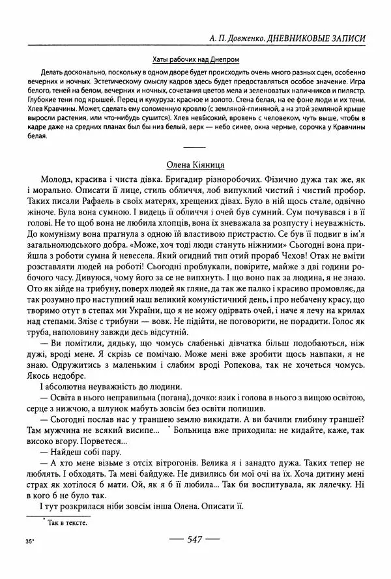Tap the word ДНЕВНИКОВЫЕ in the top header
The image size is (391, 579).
tap(308, 38)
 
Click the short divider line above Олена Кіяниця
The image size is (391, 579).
tap(196, 148)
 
